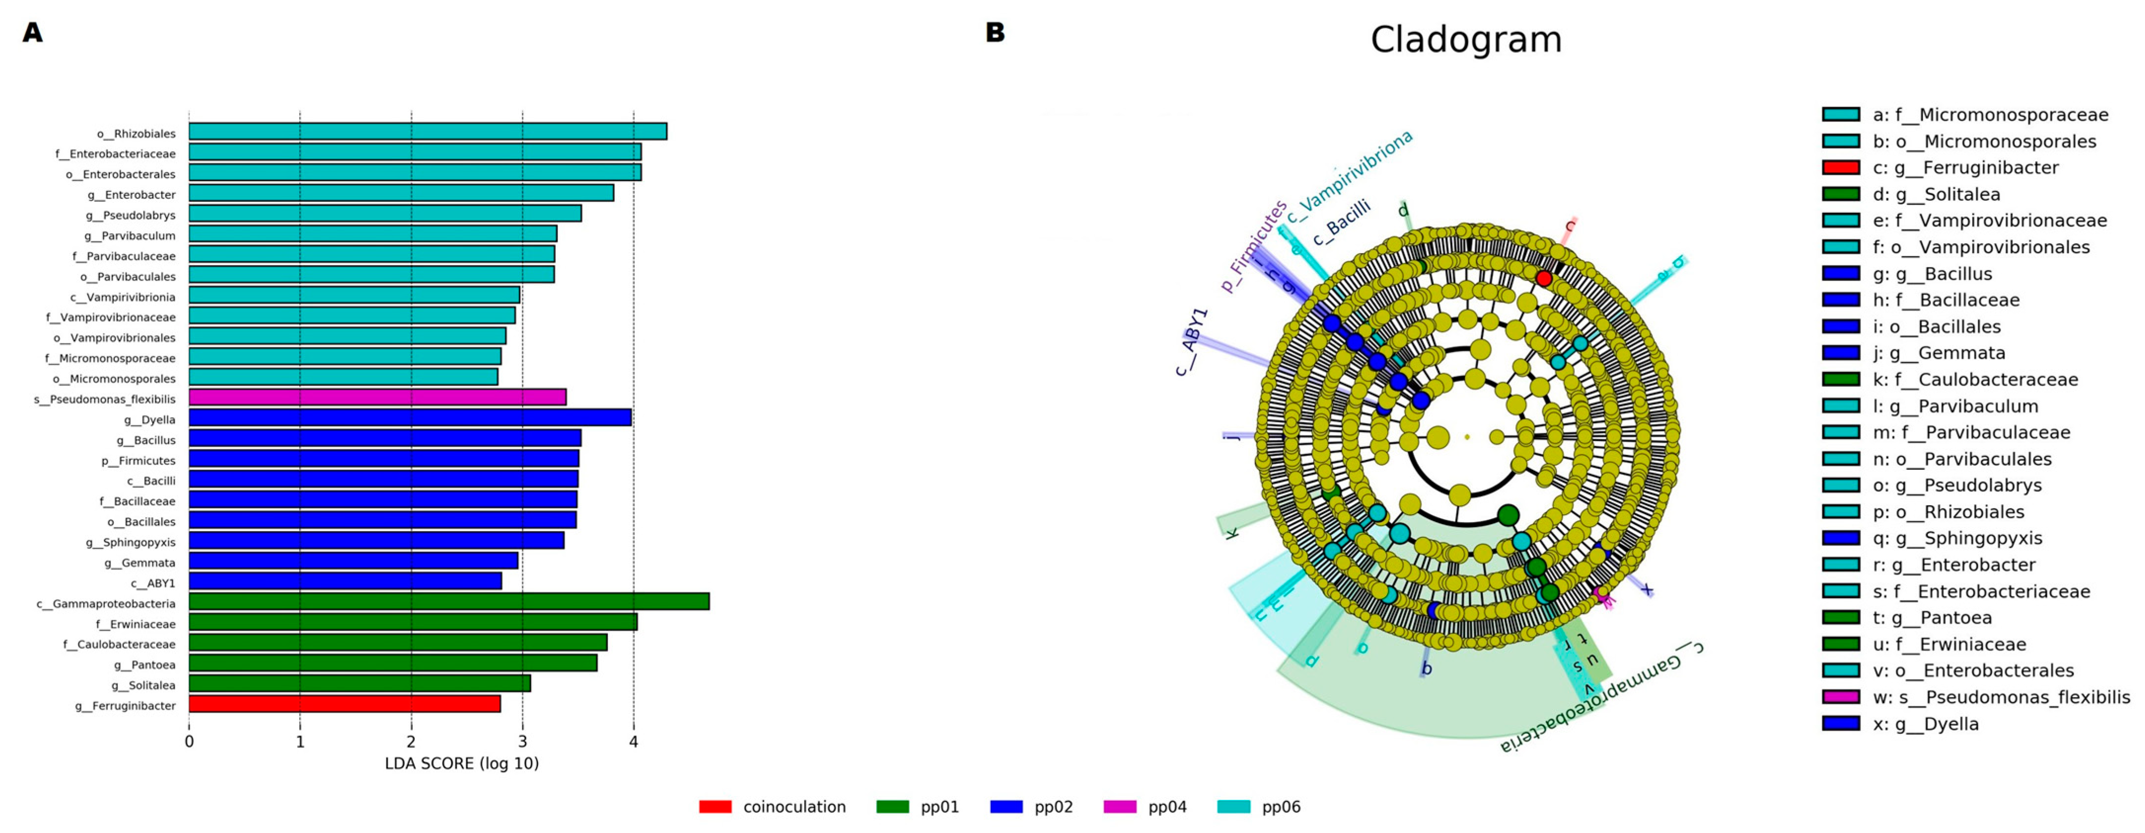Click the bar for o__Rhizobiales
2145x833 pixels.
[x=427, y=132]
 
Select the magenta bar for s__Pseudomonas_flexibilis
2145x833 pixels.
[x=377, y=397]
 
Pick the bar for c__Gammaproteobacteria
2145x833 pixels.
[x=449, y=602]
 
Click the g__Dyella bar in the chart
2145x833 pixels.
[x=410, y=418]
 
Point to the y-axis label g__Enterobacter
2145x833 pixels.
[x=132, y=195]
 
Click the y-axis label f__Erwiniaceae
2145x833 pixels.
[x=135, y=624]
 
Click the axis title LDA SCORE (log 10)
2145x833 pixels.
[x=462, y=764]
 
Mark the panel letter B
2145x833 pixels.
[x=995, y=33]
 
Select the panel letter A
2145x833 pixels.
[x=33, y=33]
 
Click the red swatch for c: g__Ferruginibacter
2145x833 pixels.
[x=1840, y=167]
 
